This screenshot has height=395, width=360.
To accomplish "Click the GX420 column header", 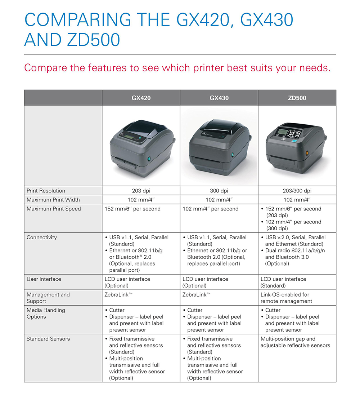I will point(141,98).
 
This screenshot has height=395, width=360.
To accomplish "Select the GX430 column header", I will point(219,98).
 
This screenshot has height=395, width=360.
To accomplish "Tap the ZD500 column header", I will point(297,98).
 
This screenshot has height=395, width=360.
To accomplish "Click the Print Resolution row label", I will point(46,191).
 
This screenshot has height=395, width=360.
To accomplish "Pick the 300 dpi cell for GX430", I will point(219,191).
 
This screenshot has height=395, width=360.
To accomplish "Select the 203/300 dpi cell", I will point(297,191).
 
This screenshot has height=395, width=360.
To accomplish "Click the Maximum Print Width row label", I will point(53,200).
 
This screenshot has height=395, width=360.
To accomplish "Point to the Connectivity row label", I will point(41,238).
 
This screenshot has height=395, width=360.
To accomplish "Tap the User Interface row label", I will point(44,279).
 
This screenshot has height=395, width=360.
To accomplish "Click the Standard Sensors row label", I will point(48,339).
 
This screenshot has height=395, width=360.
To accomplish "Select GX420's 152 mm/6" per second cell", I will point(132,209).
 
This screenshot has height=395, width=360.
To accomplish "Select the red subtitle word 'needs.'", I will point(314,67).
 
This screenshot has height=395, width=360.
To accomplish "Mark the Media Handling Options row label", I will point(46,313).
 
